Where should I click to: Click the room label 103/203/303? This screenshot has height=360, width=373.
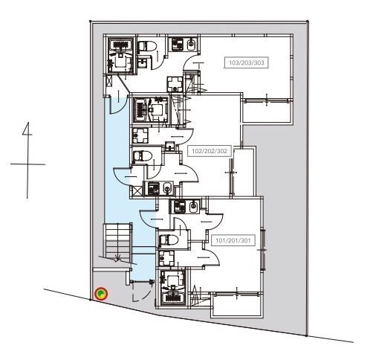pos(247,62)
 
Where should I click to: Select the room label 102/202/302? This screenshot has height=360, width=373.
pos(210,151)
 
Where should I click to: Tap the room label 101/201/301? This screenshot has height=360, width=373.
pos(233,240)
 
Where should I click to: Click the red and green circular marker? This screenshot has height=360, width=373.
pos(101,294)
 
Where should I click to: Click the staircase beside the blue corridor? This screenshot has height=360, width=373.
pos(117,243)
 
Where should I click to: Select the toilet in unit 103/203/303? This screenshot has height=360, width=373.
pos(147,47)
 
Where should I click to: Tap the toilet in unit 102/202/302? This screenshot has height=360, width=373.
pos(143,155)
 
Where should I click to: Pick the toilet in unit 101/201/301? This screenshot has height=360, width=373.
pos(169,240)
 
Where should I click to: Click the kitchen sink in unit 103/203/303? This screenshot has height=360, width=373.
pos(191,44)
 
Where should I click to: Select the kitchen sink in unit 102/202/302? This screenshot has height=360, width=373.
pos(168,188)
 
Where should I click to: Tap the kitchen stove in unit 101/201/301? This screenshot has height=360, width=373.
pos(180,207)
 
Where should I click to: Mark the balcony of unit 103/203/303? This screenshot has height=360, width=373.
pos(267,112)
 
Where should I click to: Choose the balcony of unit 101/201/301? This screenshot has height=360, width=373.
pos(237,305)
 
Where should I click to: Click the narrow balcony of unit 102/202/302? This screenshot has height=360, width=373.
pos(244,172)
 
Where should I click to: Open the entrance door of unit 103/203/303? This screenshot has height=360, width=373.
pos(119,104)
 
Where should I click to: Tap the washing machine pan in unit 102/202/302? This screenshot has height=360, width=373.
pos(140,135)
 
